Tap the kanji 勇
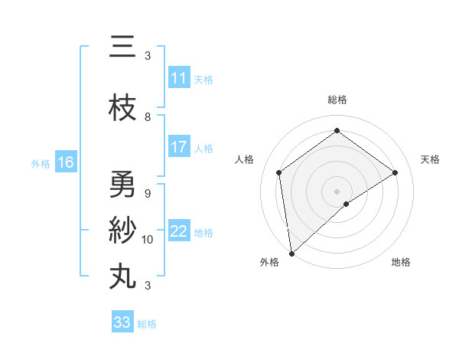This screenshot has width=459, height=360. tap(122, 185)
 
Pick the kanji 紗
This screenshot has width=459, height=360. tap(122, 231)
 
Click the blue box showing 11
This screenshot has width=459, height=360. tap(179, 78)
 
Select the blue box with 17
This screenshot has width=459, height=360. tap(179, 147)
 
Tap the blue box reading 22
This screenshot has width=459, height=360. tap(179, 232)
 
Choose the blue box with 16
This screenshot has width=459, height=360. tap(65, 162)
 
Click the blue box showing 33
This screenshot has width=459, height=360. tap(122, 322)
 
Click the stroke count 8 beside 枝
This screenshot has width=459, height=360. tap(148, 117)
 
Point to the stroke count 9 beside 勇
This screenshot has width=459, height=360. tap(148, 193)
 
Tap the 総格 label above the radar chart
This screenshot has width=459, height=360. tap(337, 100)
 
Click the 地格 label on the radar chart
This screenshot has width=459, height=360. tap(401, 263)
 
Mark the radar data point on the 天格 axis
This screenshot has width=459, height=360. tap(396, 172)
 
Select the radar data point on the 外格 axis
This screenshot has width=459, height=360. tap(291, 254)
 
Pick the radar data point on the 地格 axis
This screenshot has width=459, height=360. tap(347, 204)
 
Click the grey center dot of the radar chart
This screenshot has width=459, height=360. tap(337, 191)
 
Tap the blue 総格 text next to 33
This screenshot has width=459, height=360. tap(147, 324)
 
